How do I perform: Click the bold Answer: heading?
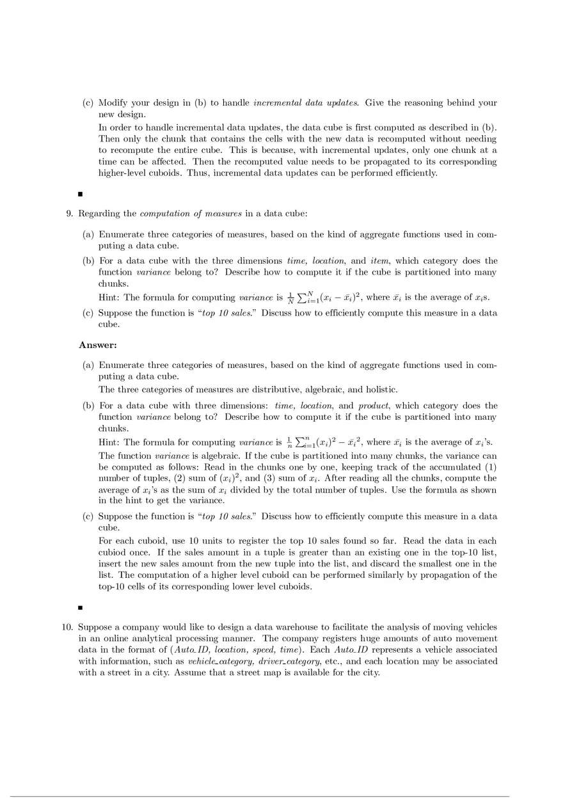(98, 346)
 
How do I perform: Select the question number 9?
(69, 213)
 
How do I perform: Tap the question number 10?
(67, 627)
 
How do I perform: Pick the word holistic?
(380, 389)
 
